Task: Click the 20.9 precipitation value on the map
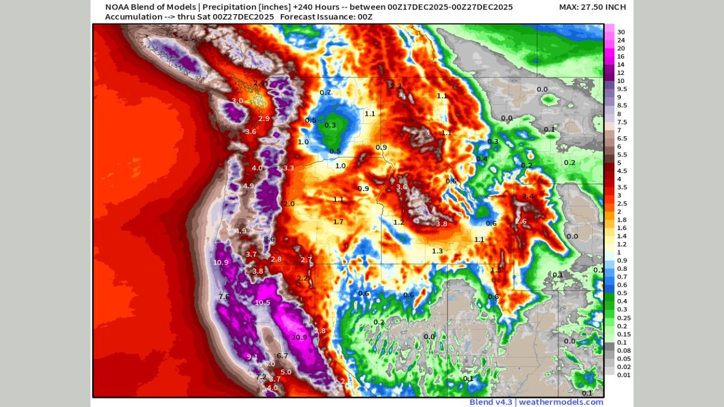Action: pyautogui.click(x=299, y=337)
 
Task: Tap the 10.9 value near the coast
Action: pyautogui.click(x=221, y=262)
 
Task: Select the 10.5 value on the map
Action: pyautogui.click(x=262, y=303)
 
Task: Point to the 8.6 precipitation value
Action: pyautogui.click(x=269, y=240)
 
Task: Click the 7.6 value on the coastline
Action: pyautogui.click(x=224, y=297)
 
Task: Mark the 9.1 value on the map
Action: pyautogui.click(x=252, y=357)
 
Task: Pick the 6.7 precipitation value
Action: pyautogui.click(x=282, y=356)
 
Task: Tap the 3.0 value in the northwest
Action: pyautogui.click(x=238, y=101)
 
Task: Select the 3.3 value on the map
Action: pyautogui.click(x=288, y=168)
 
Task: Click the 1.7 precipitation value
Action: pyautogui.click(x=338, y=222)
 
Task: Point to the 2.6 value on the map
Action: pyautogui.click(x=521, y=221)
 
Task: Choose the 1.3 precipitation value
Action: pyautogui.click(x=437, y=251)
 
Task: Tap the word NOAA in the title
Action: pyautogui.click(x=117, y=7)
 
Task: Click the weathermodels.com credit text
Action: pyautogui.click(x=561, y=402)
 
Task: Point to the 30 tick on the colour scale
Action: pyautogui.click(x=620, y=32)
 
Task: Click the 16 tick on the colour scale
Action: pyautogui.click(x=620, y=57)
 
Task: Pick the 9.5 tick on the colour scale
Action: pyautogui.click(x=622, y=89)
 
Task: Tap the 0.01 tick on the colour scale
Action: pyautogui.click(x=623, y=374)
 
